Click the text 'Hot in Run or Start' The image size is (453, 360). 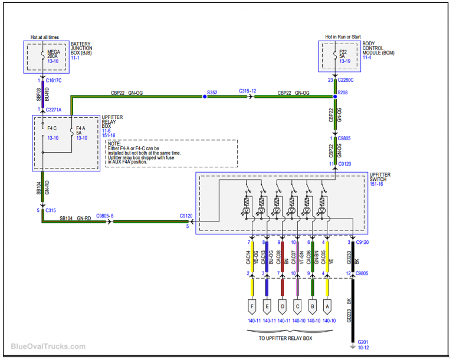point(343,37)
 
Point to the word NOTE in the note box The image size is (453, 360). point(114,143)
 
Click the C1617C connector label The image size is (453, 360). point(54,80)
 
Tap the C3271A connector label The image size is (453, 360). point(54,110)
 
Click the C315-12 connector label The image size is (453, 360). point(248,91)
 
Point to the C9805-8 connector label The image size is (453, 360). point(104,217)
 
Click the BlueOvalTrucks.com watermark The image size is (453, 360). point(48,347)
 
